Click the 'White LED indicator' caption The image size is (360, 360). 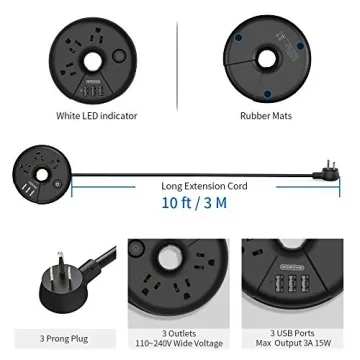click(x=97, y=116)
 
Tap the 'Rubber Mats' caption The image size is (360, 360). click(x=266, y=116)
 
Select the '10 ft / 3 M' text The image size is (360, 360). click(x=194, y=203)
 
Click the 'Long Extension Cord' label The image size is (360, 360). click(x=204, y=186)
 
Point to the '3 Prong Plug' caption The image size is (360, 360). click(x=64, y=339)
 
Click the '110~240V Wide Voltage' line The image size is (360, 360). click(x=179, y=343)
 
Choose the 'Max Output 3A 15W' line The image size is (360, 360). click(x=292, y=343)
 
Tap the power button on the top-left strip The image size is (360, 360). click(x=119, y=56)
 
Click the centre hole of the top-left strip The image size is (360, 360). click(x=92, y=62)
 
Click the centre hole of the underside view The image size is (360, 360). click(x=267, y=59)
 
